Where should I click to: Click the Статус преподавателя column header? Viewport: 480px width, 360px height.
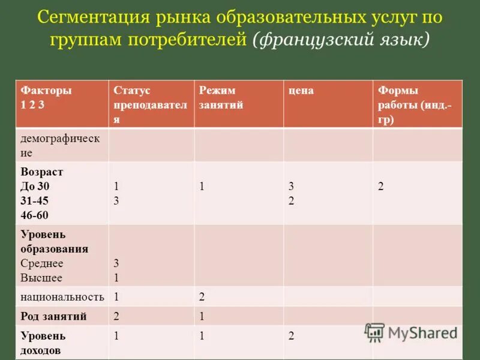coord(149,104)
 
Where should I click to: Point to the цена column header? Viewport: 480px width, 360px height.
coord(301,91)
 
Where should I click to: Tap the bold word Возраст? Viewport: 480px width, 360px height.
coord(42,172)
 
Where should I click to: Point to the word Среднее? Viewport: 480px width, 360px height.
coord(42,263)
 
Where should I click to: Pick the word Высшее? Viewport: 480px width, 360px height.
coord(41,278)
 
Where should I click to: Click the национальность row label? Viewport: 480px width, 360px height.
coord(62,296)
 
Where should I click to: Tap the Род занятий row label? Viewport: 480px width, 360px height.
coord(53,316)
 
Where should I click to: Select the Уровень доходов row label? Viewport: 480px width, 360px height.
coord(43,343)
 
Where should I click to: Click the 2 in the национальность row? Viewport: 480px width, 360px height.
coord(202,296)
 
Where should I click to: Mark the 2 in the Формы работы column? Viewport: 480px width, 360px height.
coord(380,186)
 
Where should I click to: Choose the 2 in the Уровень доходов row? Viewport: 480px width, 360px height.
coord(291,337)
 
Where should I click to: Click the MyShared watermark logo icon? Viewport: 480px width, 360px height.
coord(374,332)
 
